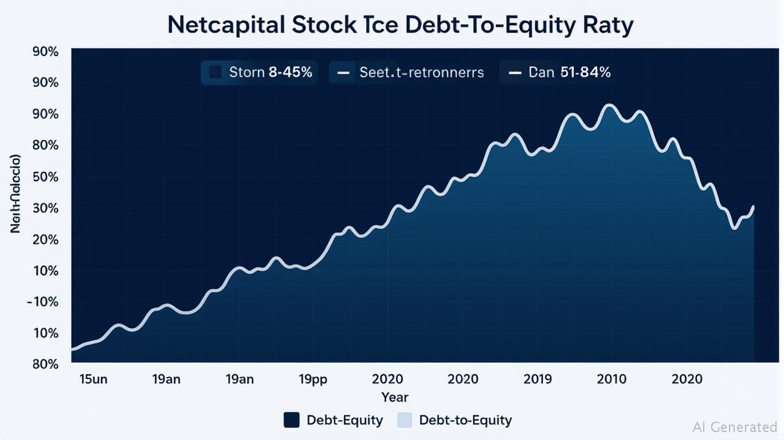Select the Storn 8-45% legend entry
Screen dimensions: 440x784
[260, 73]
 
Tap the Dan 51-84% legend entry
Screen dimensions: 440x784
[560, 73]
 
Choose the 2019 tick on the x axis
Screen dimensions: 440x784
[538, 379]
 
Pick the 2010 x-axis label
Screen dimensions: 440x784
[612, 379]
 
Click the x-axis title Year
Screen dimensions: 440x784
[395, 397]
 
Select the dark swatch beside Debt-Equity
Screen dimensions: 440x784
[292, 420]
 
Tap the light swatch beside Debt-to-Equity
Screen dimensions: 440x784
[405, 420]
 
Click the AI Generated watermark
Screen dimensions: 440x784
[735, 427]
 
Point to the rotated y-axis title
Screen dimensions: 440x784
[16, 194]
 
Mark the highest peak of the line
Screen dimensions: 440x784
[609, 105]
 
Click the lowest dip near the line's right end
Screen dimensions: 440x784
[734, 228]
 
